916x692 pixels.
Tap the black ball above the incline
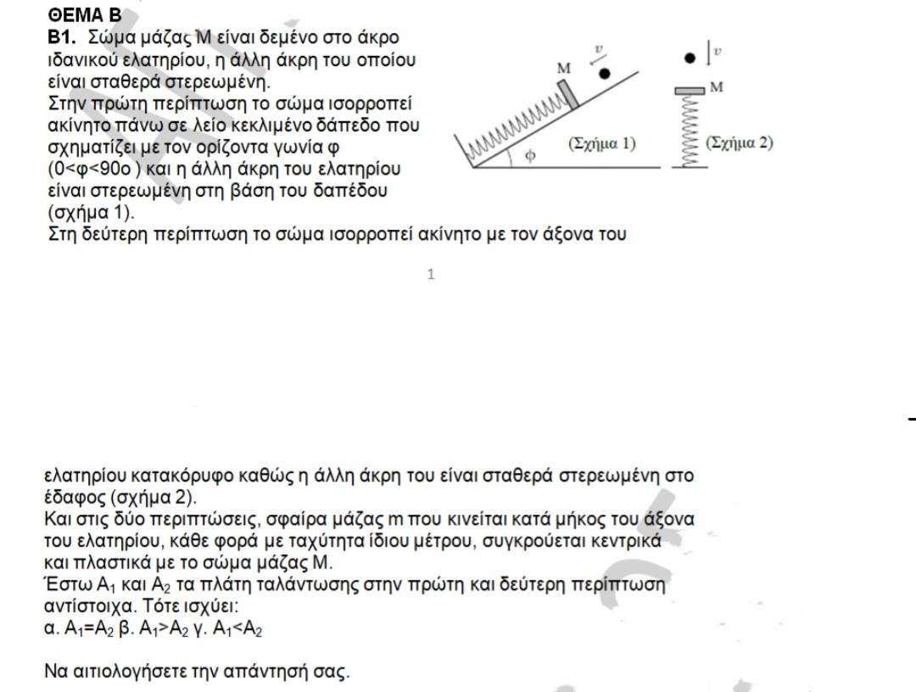tap(604, 74)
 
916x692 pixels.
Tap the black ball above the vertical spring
tap(690, 59)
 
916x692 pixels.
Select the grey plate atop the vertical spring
tap(690, 90)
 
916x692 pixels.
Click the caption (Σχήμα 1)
tap(603, 142)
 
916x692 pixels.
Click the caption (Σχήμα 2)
tap(740, 142)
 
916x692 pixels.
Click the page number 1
tap(431, 274)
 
